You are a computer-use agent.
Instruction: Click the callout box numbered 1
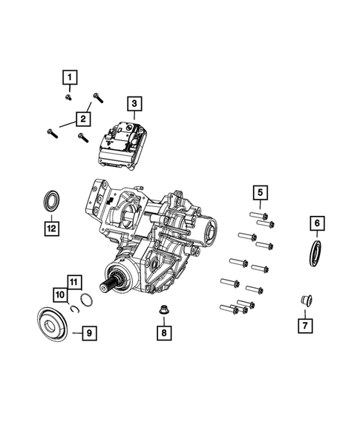coord(68,77)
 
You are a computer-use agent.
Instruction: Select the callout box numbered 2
coord(83,118)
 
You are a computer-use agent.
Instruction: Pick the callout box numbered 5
coord(261,194)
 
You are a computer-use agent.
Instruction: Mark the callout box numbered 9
coord(88,334)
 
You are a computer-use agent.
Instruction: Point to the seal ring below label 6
coord(314,251)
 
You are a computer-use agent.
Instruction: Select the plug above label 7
coord(304,301)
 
